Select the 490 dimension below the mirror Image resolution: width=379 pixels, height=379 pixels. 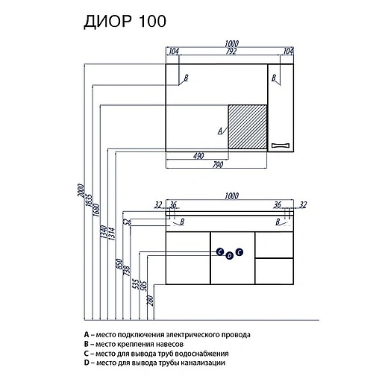click(x=198, y=156)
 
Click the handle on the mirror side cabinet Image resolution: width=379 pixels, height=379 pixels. click(x=281, y=144)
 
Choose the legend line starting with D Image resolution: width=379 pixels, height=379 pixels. click(x=154, y=363)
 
